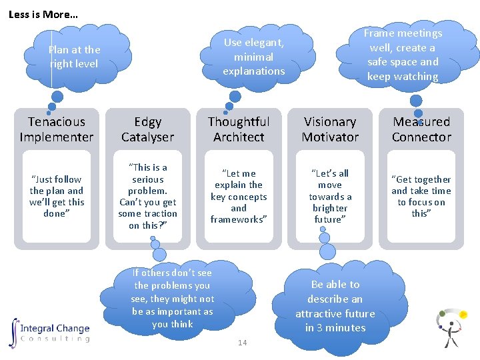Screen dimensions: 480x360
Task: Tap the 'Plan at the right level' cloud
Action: coord(73,57)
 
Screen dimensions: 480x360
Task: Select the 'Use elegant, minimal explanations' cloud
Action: coord(254,57)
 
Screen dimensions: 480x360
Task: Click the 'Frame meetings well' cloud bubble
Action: coord(403,55)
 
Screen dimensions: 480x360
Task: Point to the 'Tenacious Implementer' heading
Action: coord(57,129)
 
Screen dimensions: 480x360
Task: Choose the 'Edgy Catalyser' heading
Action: coord(147,129)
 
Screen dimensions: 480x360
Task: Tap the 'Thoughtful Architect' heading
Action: coord(239,129)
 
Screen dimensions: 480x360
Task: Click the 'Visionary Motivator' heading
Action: coord(330,129)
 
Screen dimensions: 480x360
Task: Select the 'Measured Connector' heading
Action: coord(421,129)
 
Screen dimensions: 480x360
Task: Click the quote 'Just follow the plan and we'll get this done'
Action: coord(57,196)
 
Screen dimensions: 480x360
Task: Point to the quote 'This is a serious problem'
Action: coord(147,196)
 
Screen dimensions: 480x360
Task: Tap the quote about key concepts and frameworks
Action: coord(239,196)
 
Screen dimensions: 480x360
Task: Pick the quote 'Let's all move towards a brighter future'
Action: coord(330,196)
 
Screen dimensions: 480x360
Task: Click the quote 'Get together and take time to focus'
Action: coord(421,196)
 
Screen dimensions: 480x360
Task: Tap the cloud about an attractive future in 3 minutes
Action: coord(335,306)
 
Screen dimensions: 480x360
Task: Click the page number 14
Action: coord(242,343)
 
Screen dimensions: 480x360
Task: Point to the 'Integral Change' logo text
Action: coord(55,328)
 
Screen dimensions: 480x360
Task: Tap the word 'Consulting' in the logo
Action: coord(55,339)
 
